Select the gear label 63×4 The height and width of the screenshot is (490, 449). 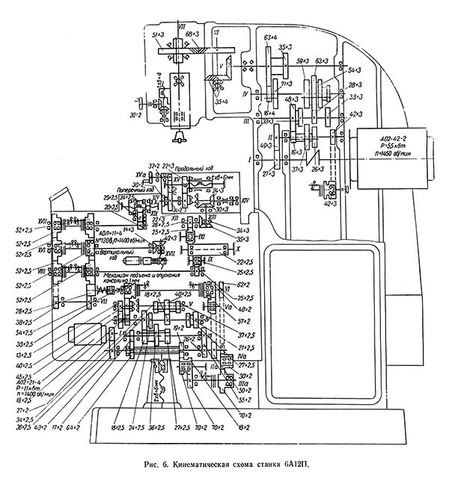272,36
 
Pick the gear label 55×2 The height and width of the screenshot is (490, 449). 244,400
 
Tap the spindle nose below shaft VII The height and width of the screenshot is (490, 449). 180,137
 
